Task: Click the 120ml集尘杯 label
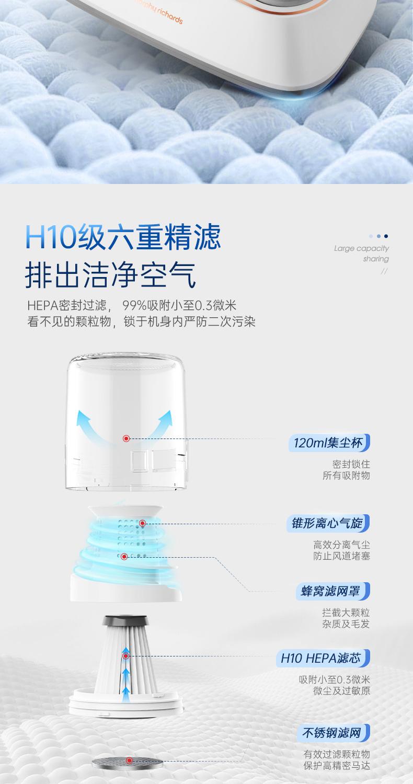click(x=329, y=443)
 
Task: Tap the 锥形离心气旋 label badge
click(x=328, y=523)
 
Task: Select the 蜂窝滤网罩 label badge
click(x=333, y=591)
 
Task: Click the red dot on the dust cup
click(x=127, y=438)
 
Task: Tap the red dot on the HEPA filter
click(x=126, y=656)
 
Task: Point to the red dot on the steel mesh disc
click(x=130, y=760)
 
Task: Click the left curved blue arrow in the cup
click(x=91, y=425)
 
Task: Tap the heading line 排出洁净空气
click(x=110, y=275)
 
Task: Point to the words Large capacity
click(x=361, y=248)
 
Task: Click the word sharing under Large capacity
click(x=376, y=259)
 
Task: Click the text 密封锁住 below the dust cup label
click(x=351, y=464)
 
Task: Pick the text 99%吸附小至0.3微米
click(x=179, y=306)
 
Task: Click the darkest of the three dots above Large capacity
click(x=386, y=236)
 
